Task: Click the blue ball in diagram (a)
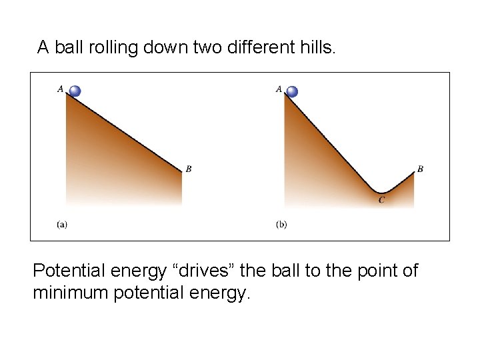click(75, 91)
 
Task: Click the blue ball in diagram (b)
click(292, 92)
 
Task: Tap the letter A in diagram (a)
click(61, 87)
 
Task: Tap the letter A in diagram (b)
click(279, 89)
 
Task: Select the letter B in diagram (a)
click(189, 169)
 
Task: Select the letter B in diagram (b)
click(420, 169)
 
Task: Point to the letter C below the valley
click(381, 200)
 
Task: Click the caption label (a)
click(61, 224)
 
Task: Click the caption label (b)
click(281, 224)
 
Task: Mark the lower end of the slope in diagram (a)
click(181, 171)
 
